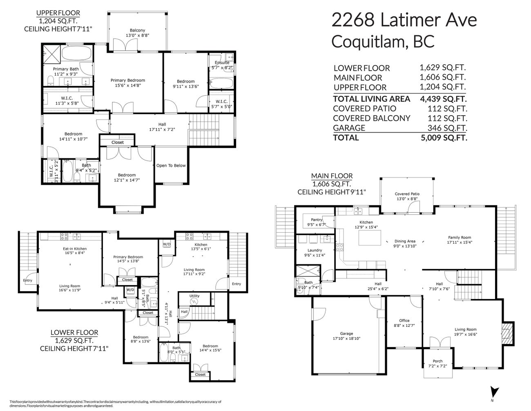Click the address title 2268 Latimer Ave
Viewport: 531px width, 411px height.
coord(404,20)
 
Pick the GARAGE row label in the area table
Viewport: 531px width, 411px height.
coord(349,128)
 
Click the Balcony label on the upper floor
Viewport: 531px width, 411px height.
coord(137,30)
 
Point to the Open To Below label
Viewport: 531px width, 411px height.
coord(171,166)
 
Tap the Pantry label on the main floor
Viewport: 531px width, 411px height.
coord(317,220)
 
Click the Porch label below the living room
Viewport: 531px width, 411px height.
coord(437,361)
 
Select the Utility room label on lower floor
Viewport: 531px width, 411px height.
coord(194,296)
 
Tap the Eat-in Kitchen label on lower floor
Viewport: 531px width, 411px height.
coord(74,249)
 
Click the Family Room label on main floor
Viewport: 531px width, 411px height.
coord(460,237)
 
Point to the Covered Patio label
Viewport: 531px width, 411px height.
coord(407,194)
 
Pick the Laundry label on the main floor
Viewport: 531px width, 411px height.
coord(315,250)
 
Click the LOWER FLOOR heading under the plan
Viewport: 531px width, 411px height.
coord(74,332)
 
